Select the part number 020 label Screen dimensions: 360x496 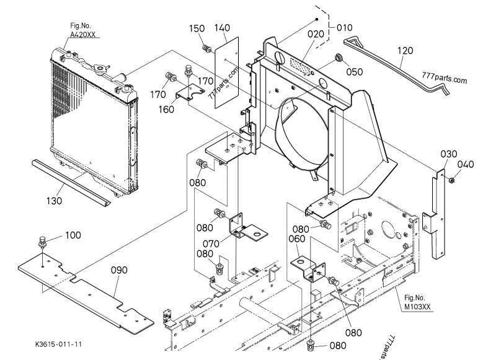(x=314, y=34)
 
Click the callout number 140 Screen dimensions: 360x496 (x=222, y=28)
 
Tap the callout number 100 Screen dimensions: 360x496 (x=73, y=235)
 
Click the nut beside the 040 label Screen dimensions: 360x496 (x=453, y=180)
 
